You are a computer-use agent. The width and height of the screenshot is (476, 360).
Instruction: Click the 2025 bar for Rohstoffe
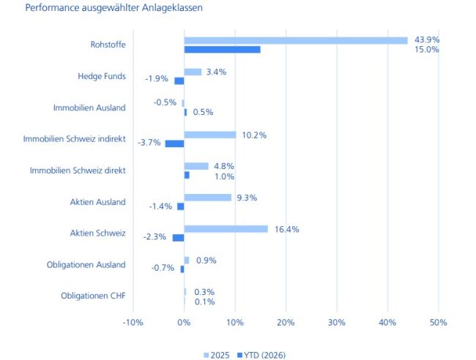coord(295,40)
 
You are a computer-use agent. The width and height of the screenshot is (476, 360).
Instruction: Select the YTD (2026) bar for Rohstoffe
coord(222,50)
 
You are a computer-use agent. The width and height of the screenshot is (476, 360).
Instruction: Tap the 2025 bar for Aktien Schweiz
coord(226,229)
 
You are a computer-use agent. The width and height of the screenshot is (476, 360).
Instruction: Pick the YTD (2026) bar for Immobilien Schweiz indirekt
coord(174,143)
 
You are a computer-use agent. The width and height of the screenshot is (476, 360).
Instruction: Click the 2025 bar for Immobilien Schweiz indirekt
coord(209,135)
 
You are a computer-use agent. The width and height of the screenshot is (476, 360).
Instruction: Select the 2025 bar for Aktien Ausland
coord(207,198)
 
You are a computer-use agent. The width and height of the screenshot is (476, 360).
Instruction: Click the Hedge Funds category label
coord(102,76)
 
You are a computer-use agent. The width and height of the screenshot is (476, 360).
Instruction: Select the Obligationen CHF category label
coord(93,296)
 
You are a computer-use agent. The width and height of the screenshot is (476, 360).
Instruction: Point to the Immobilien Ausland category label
coord(89,108)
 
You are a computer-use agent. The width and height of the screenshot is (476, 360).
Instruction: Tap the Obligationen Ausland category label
coord(86,265)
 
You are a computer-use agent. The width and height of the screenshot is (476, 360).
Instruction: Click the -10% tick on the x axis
coord(133,323)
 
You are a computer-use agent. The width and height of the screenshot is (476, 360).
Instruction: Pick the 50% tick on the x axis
coord(438,323)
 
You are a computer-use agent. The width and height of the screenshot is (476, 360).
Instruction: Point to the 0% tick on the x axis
coord(184,323)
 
